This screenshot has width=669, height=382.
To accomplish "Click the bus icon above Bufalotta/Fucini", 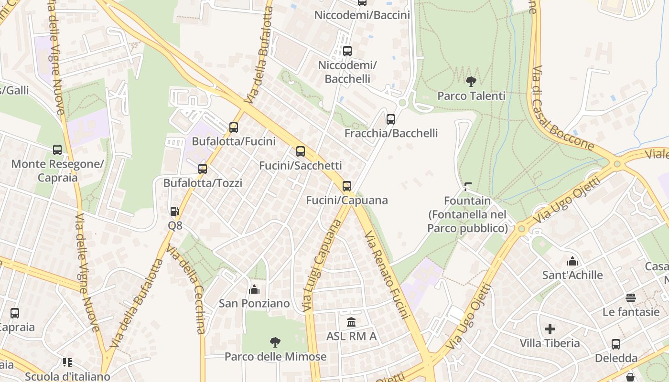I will pyautogui.click(x=234, y=127).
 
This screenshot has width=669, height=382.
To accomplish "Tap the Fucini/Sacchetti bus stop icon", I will pyautogui.click(x=301, y=151).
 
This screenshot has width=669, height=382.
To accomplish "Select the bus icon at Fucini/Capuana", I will pyautogui.click(x=347, y=186).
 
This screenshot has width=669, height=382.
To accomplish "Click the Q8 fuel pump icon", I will pyautogui.click(x=175, y=211).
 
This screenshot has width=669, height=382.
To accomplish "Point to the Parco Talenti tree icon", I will pyautogui.click(x=471, y=82).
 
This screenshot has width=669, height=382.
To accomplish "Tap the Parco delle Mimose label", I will pyautogui.click(x=276, y=357).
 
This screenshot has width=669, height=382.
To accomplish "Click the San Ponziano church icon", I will pyautogui.click(x=254, y=289).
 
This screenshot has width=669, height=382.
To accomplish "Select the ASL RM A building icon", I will pyautogui.click(x=351, y=321).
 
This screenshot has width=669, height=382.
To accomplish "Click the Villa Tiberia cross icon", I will pyautogui.click(x=550, y=329).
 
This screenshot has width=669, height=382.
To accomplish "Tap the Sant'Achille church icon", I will pyautogui.click(x=572, y=261).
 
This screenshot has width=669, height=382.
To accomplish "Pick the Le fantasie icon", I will pyautogui.click(x=631, y=298).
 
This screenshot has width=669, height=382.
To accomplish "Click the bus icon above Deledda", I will pyautogui.click(x=616, y=344).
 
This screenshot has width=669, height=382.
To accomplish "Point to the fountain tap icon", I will pyautogui.click(x=467, y=187).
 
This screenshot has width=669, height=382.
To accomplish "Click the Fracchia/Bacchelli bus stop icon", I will pyautogui.click(x=391, y=119).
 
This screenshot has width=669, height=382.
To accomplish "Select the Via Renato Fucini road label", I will pyautogui.click(x=387, y=275).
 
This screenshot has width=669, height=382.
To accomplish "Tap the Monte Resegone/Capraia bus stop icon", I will pyautogui.click(x=57, y=150).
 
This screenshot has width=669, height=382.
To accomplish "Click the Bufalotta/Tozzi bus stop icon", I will pyautogui.click(x=203, y=169).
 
